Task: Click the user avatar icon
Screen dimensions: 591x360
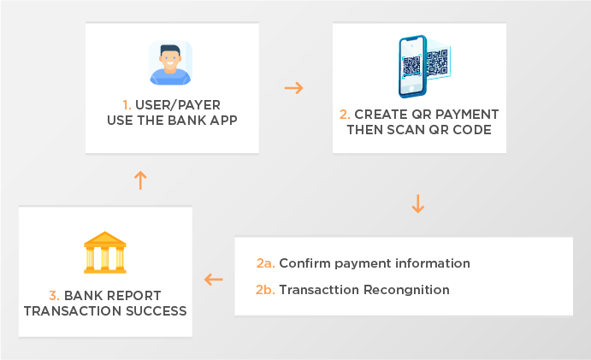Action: [x=170, y=63]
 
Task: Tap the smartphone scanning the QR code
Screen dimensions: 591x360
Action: [x=413, y=67]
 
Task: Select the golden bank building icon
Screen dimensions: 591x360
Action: [x=105, y=252]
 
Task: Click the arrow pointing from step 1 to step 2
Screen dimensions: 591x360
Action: [x=293, y=88]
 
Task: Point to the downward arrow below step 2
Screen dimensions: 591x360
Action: [x=417, y=204]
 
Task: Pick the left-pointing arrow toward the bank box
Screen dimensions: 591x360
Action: [x=213, y=280]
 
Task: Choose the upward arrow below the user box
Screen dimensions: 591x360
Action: [x=140, y=180]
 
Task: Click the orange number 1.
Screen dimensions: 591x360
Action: [x=127, y=105]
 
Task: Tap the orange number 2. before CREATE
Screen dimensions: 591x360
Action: [x=345, y=115]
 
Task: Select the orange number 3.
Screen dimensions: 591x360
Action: [x=54, y=296]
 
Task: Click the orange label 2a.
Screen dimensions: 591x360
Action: [x=266, y=263]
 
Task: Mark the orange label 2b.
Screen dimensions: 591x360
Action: [x=265, y=290]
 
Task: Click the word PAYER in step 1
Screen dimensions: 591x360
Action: [x=198, y=105]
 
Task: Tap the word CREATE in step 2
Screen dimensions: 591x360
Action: [x=381, y=115]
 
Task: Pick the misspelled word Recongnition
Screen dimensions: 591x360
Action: [x=406, y=290]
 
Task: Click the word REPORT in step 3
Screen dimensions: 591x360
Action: [x=131, y=296]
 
